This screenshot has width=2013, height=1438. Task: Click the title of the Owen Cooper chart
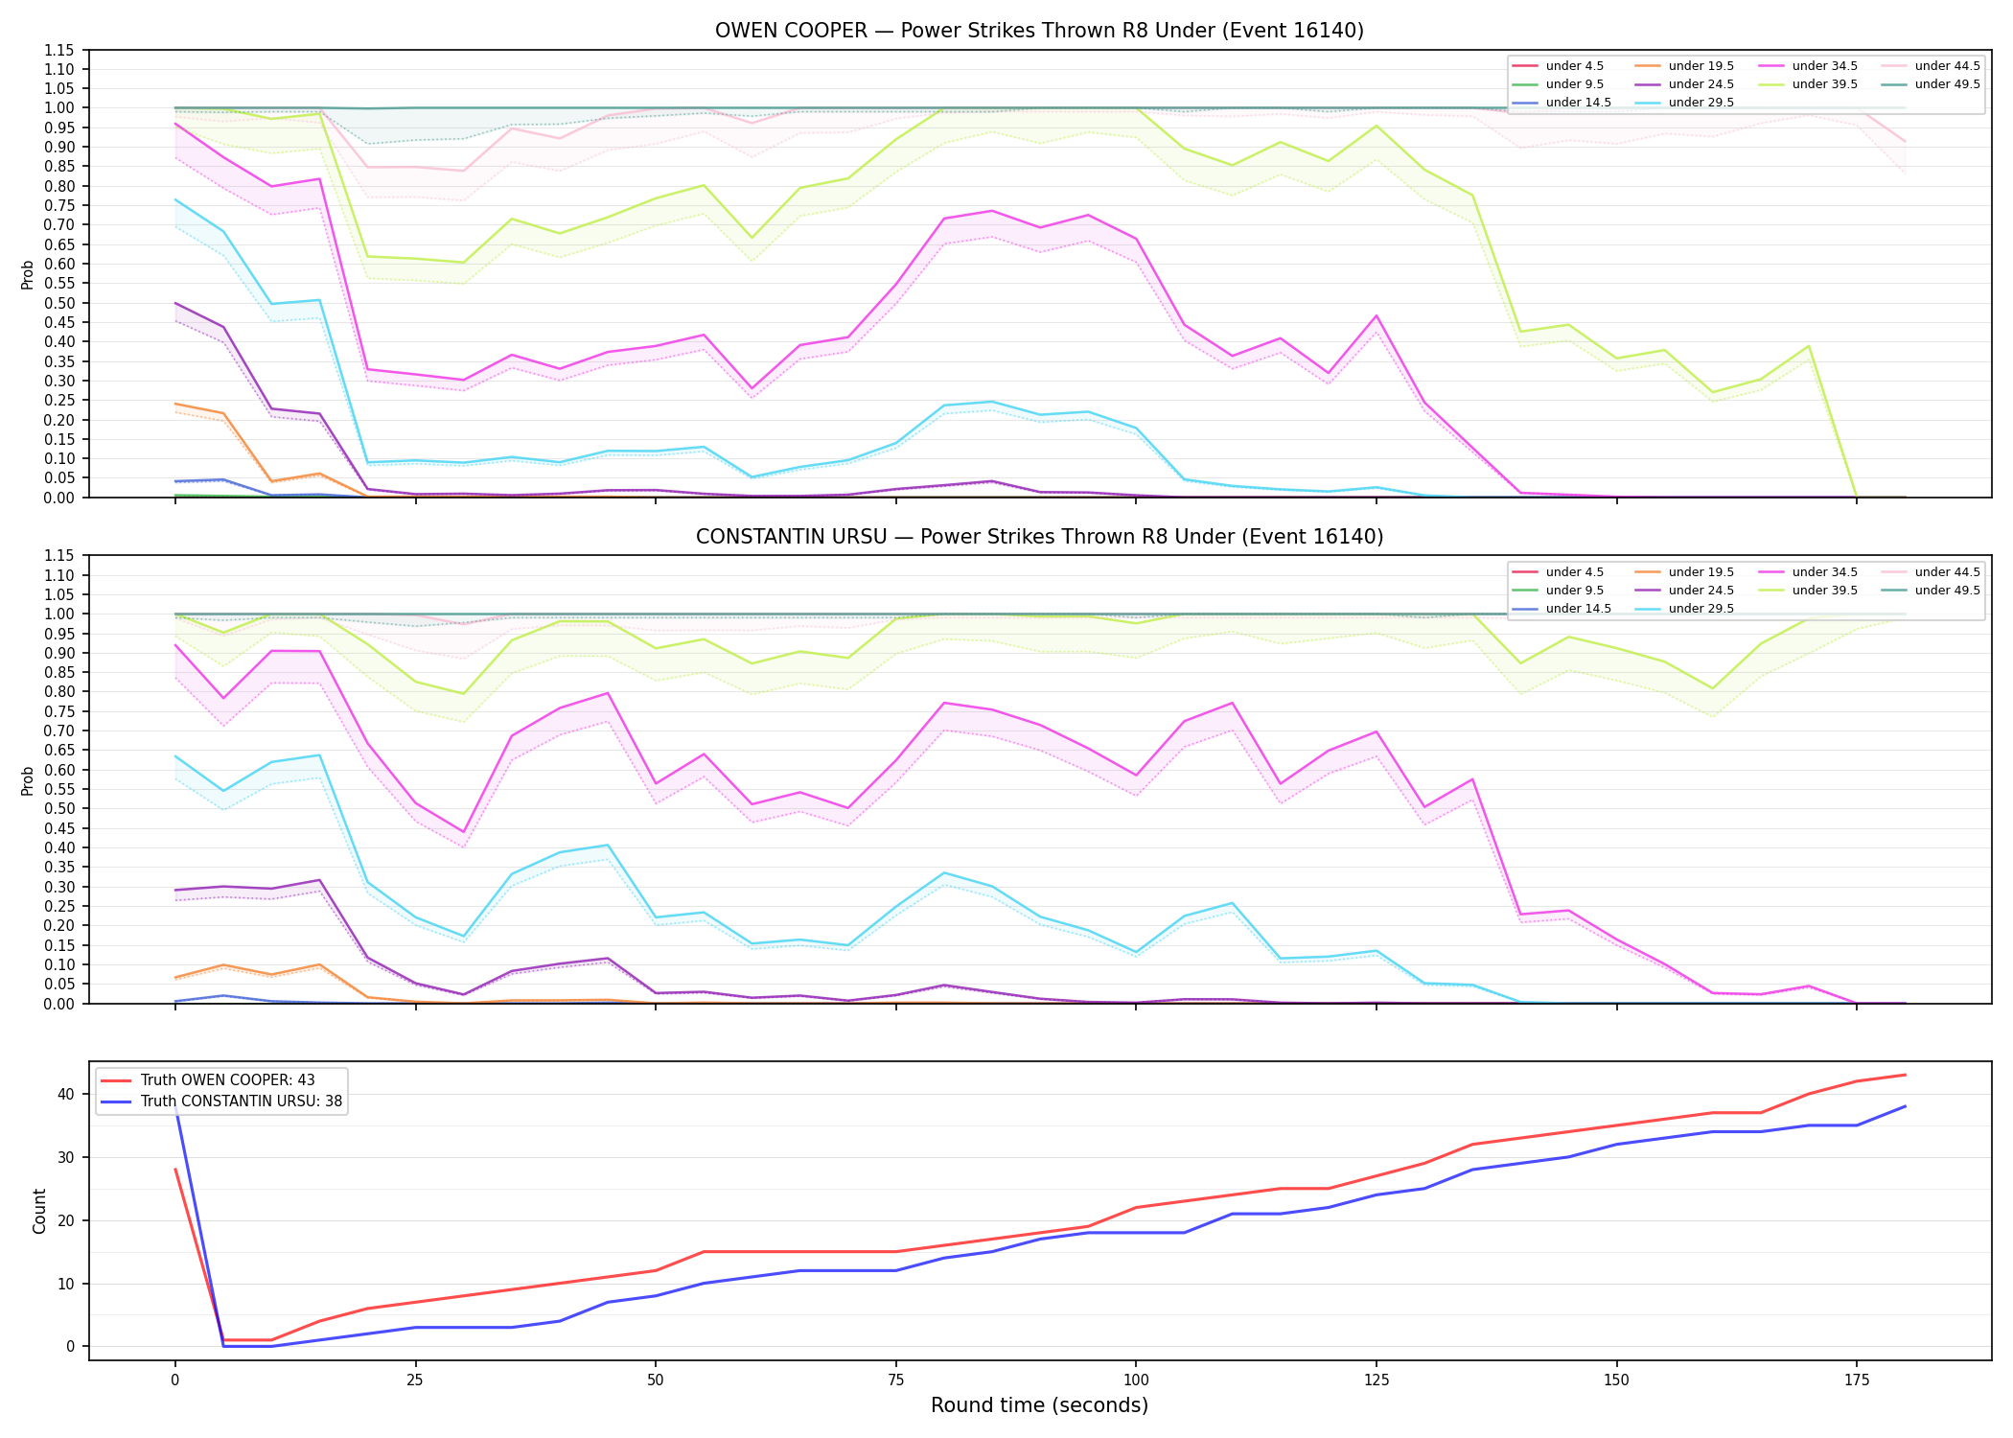click(1039, 31)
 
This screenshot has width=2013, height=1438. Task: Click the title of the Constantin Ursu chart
click(1039, 537)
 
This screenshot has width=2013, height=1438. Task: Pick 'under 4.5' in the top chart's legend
click(1574, 66)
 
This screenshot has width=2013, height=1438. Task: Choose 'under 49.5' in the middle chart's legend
click(1947, 591)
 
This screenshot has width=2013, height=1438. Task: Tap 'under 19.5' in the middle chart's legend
click(1701, 572)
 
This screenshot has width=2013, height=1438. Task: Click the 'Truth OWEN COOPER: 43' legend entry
click(227, 1080)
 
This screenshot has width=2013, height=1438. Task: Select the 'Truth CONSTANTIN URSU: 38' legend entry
click(242, 1102)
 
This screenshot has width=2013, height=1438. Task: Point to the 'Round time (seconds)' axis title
click(1039, 1405)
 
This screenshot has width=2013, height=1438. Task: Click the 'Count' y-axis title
click(39, 1211)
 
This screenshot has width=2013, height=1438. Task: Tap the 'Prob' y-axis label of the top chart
click(28, 274)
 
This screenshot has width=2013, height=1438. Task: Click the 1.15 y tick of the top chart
click(59, 50)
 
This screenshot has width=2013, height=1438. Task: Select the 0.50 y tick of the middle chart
click(59, 808)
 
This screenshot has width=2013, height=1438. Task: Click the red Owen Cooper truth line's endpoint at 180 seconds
click(1905, 1075)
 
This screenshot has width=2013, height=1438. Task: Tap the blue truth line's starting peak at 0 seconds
click(175, 1106)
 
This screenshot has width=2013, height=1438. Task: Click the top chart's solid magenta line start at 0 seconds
click(175, 124)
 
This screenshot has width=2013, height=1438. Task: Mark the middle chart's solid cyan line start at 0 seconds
click(175, 756)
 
